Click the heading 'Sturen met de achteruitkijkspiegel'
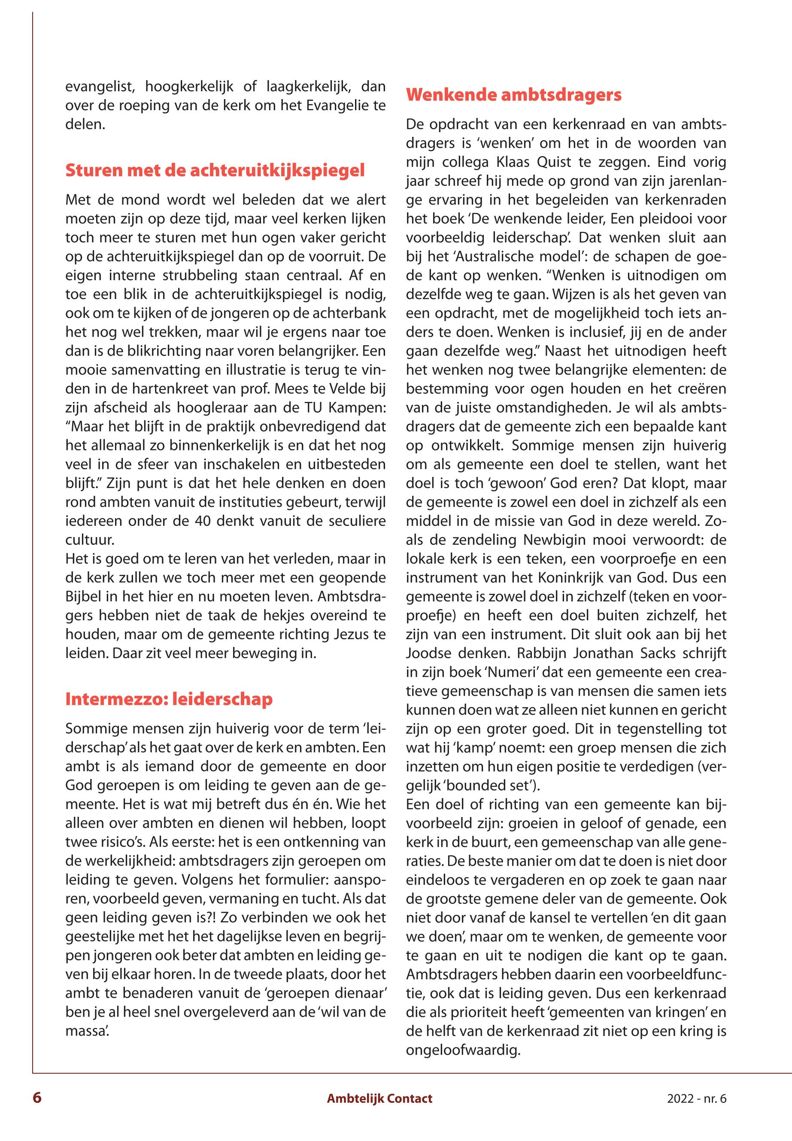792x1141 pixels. (215, 171)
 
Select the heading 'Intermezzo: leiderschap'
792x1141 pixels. (169, 699)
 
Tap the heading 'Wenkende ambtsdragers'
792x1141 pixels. (513, 95)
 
